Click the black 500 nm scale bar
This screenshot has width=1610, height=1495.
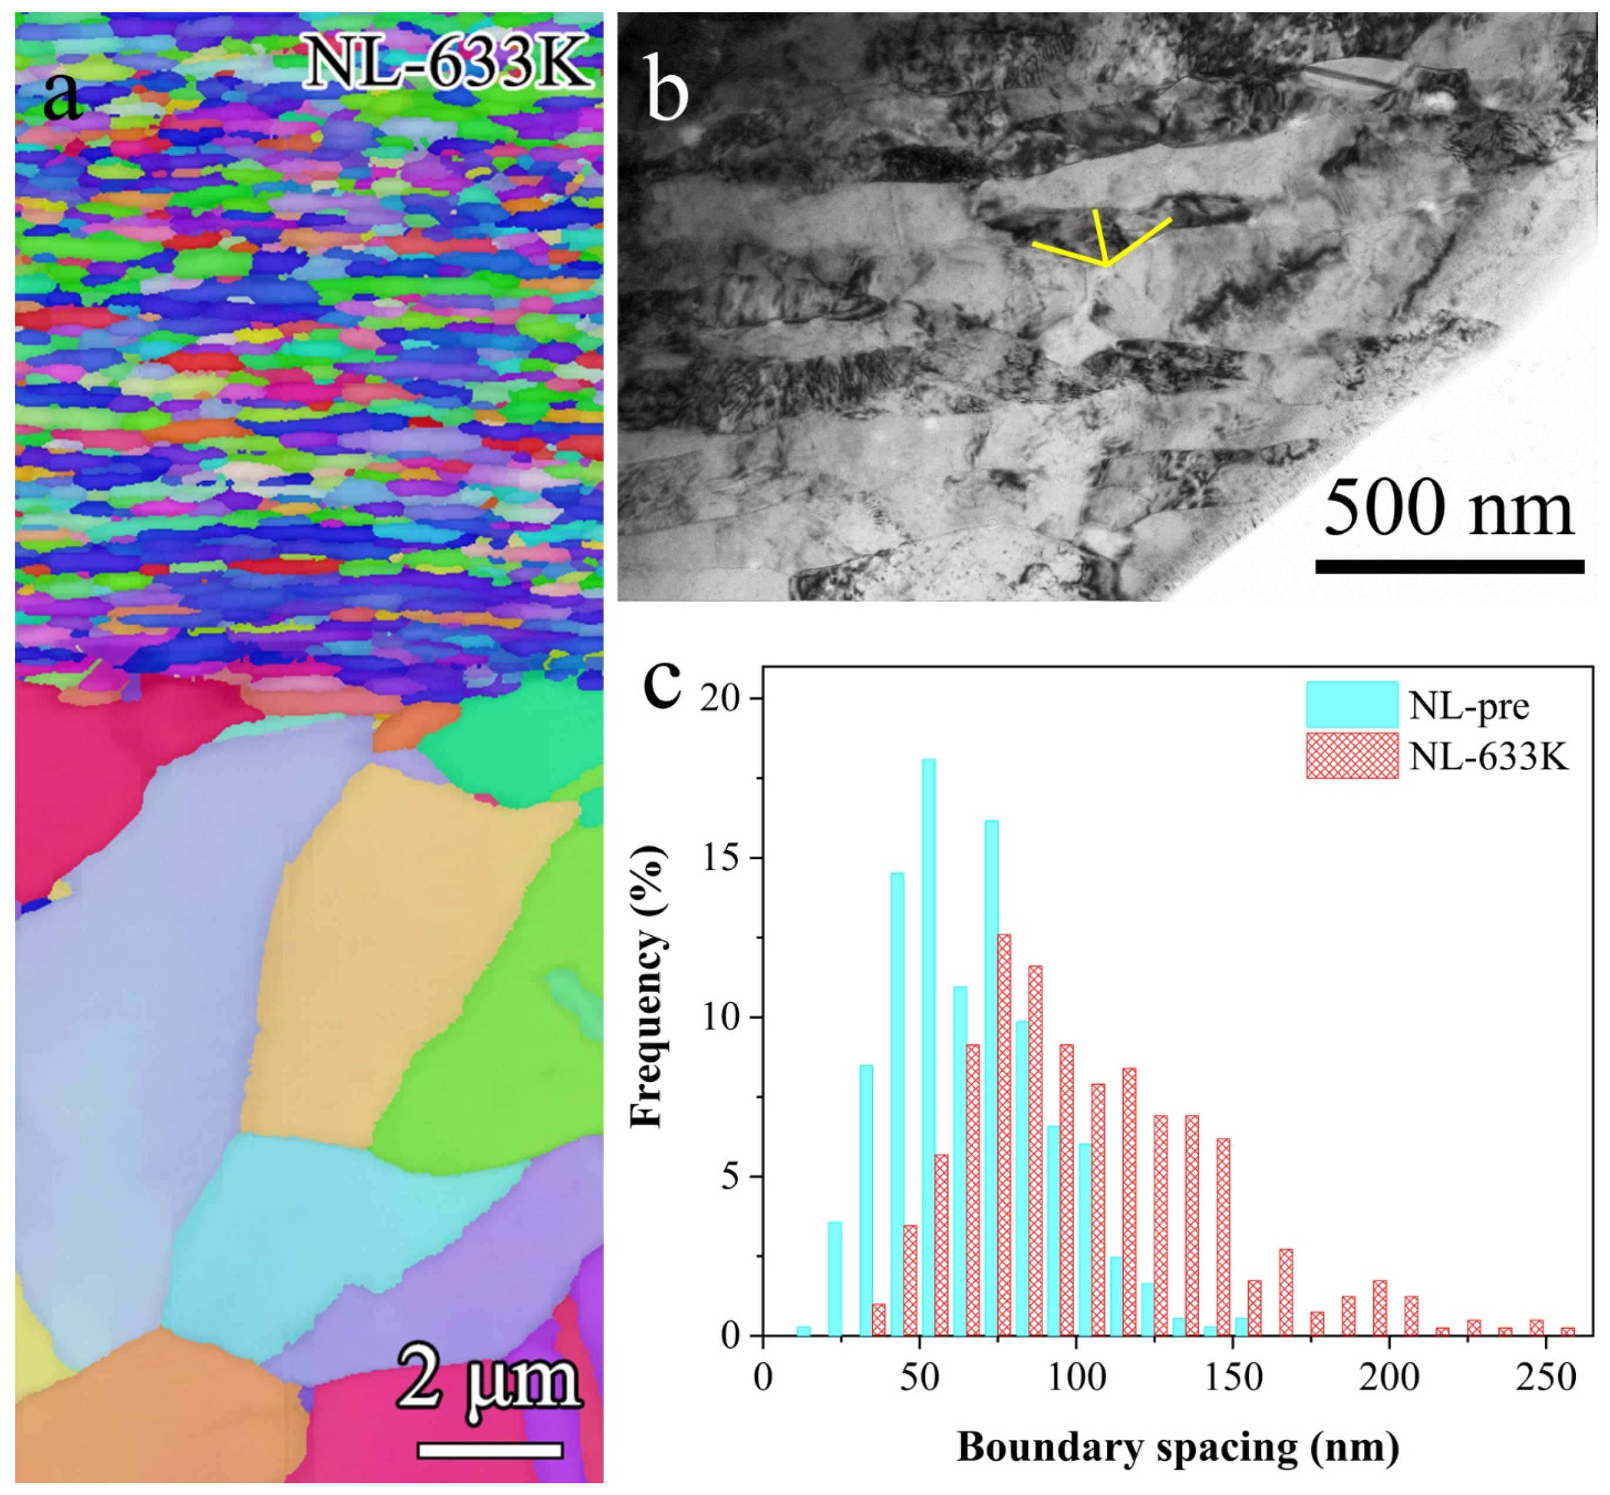[x=1448, y=566]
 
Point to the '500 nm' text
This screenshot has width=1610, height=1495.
[x=1448, y=508]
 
